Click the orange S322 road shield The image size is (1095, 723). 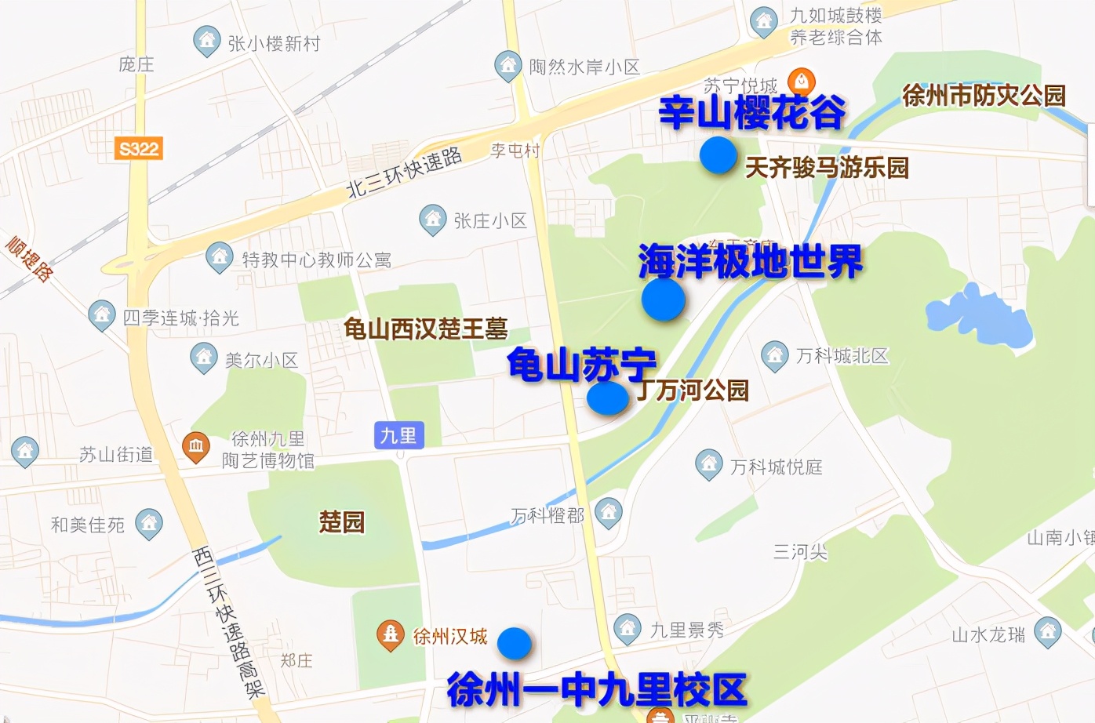point(139,148)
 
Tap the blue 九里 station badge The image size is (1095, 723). point(398,435)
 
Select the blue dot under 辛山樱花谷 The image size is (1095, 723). point(718,154)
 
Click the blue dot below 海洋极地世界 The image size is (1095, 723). point(664,300)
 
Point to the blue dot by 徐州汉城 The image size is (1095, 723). point(515,643)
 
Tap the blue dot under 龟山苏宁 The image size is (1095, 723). point(608,398)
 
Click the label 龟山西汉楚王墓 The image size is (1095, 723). point(426,329)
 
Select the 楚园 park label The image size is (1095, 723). point(342,521)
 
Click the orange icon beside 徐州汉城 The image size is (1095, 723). point(390,634)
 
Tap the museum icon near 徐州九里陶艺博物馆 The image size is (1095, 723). point(195,447)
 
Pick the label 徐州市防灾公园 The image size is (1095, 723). point(984,96)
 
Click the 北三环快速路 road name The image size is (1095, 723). point(404,173)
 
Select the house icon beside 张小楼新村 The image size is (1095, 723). point(206,40)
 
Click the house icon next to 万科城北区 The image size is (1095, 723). point(774,354)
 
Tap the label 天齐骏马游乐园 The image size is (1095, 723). point(826,167)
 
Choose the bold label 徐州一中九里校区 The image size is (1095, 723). point(596,689)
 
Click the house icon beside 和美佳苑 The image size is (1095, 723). point(148,523)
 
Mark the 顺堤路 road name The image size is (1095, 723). point(30,258)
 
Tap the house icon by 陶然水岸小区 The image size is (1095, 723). point(507,65)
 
